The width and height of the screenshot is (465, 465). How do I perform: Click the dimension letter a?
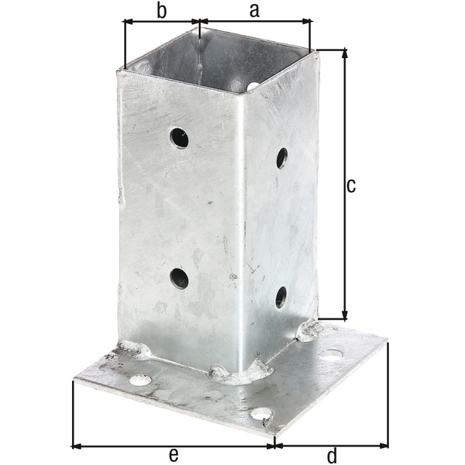[254, 11]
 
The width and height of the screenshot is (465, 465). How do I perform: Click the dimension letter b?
[161, 11]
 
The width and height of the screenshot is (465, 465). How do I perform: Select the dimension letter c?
[350, 186]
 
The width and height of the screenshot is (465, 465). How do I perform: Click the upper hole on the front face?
[179, 138]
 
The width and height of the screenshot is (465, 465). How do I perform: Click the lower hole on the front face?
[179, 278]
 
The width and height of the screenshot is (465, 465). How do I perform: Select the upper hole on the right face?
[281, 158]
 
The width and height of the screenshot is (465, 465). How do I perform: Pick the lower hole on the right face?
[281, 297]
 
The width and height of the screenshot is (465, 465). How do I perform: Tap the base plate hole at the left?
[140, 380]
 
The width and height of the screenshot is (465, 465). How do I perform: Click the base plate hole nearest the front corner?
[261, 415]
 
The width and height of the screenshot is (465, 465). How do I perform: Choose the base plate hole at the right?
[331, 354]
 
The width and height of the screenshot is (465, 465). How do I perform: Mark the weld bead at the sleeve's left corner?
[133, 350]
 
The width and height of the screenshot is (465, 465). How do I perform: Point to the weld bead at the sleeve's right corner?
[309, 331]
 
